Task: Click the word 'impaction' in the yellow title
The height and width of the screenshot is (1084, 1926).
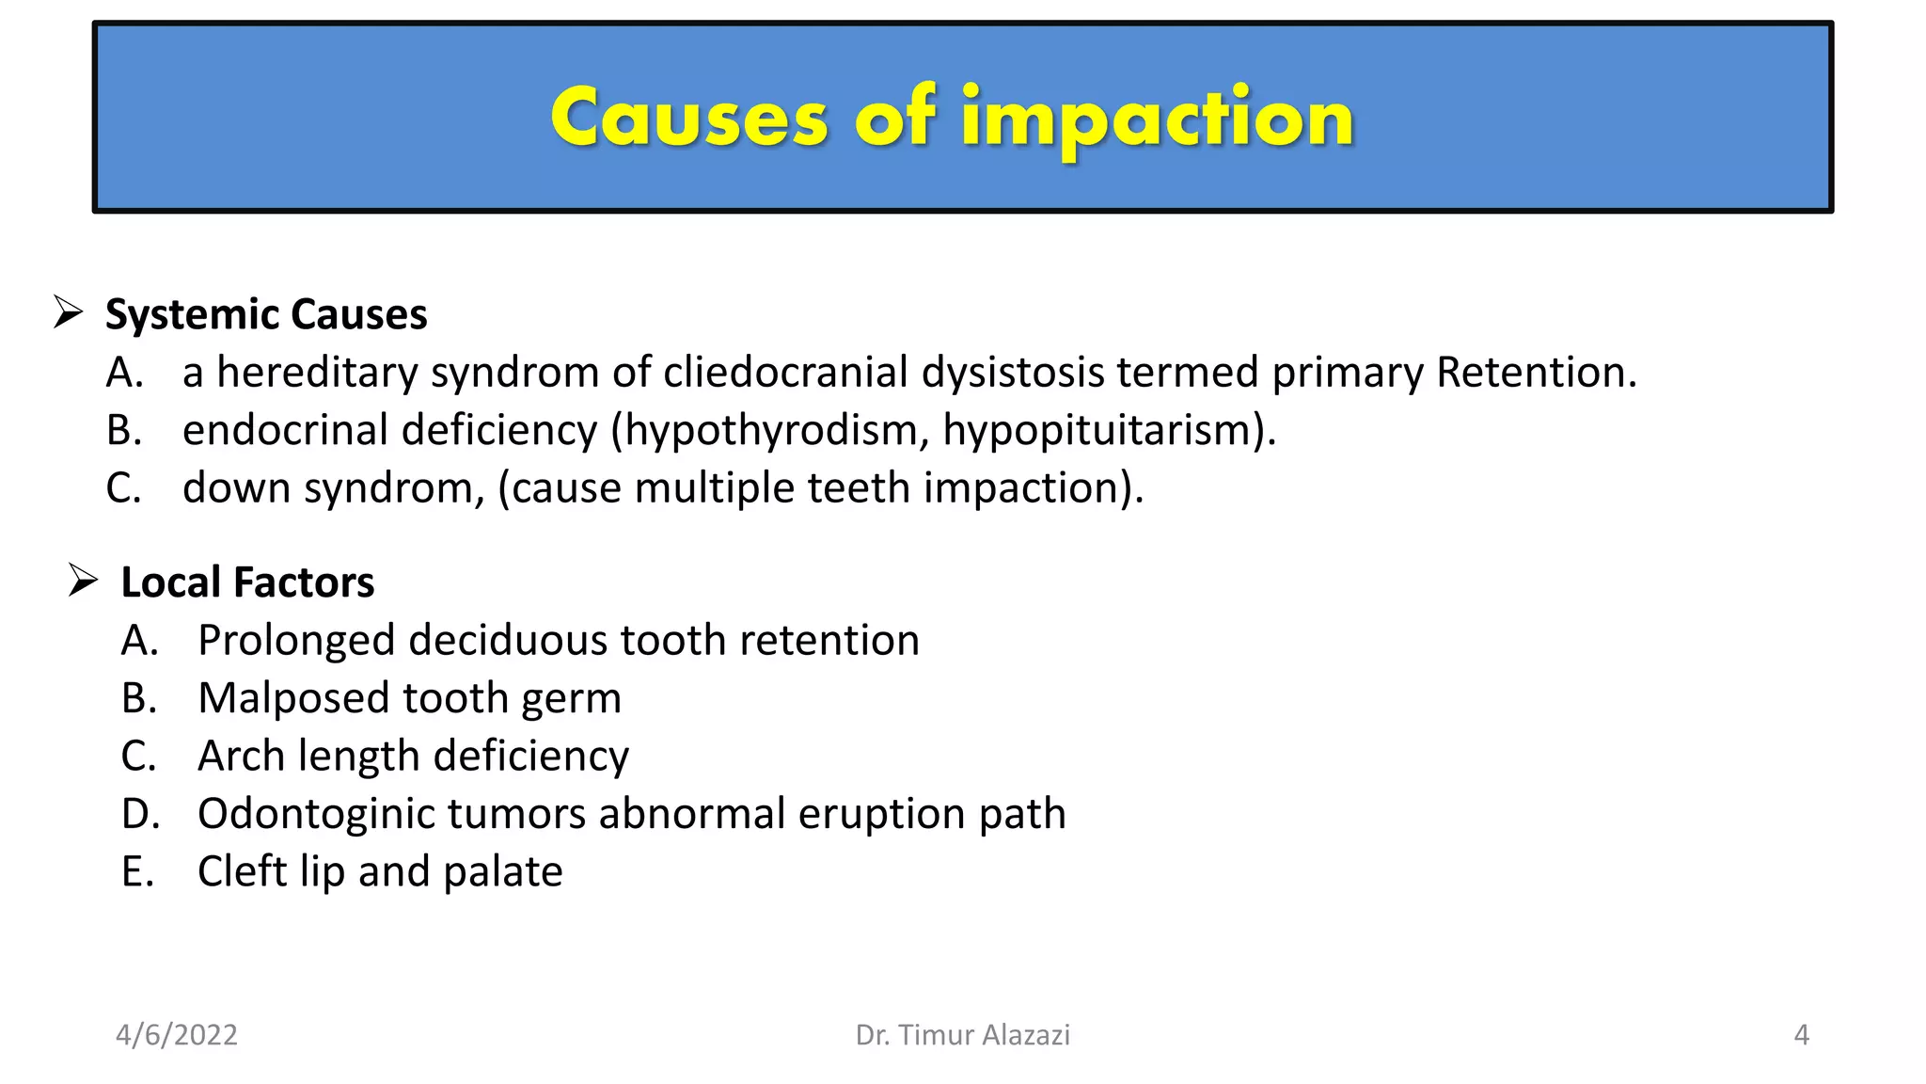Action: pos(1157,119)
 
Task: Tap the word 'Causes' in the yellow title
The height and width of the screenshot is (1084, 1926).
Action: pos(688,119)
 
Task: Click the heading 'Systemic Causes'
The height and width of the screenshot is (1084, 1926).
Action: pos(266,314)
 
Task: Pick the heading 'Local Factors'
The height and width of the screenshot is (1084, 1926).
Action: pos(247,582)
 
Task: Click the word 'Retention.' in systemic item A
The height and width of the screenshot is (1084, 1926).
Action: pos(1537,372)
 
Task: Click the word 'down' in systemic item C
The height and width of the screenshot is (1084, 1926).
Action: pos(236,487)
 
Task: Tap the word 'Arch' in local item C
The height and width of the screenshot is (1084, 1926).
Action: pos(241,756)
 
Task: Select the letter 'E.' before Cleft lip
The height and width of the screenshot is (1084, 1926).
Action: pos(137,871)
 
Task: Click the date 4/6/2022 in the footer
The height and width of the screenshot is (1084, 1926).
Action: pos(177,1035)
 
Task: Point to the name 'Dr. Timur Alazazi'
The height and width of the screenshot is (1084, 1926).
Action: pos(962,1035)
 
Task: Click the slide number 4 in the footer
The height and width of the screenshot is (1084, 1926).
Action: pos(1801,1035)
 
